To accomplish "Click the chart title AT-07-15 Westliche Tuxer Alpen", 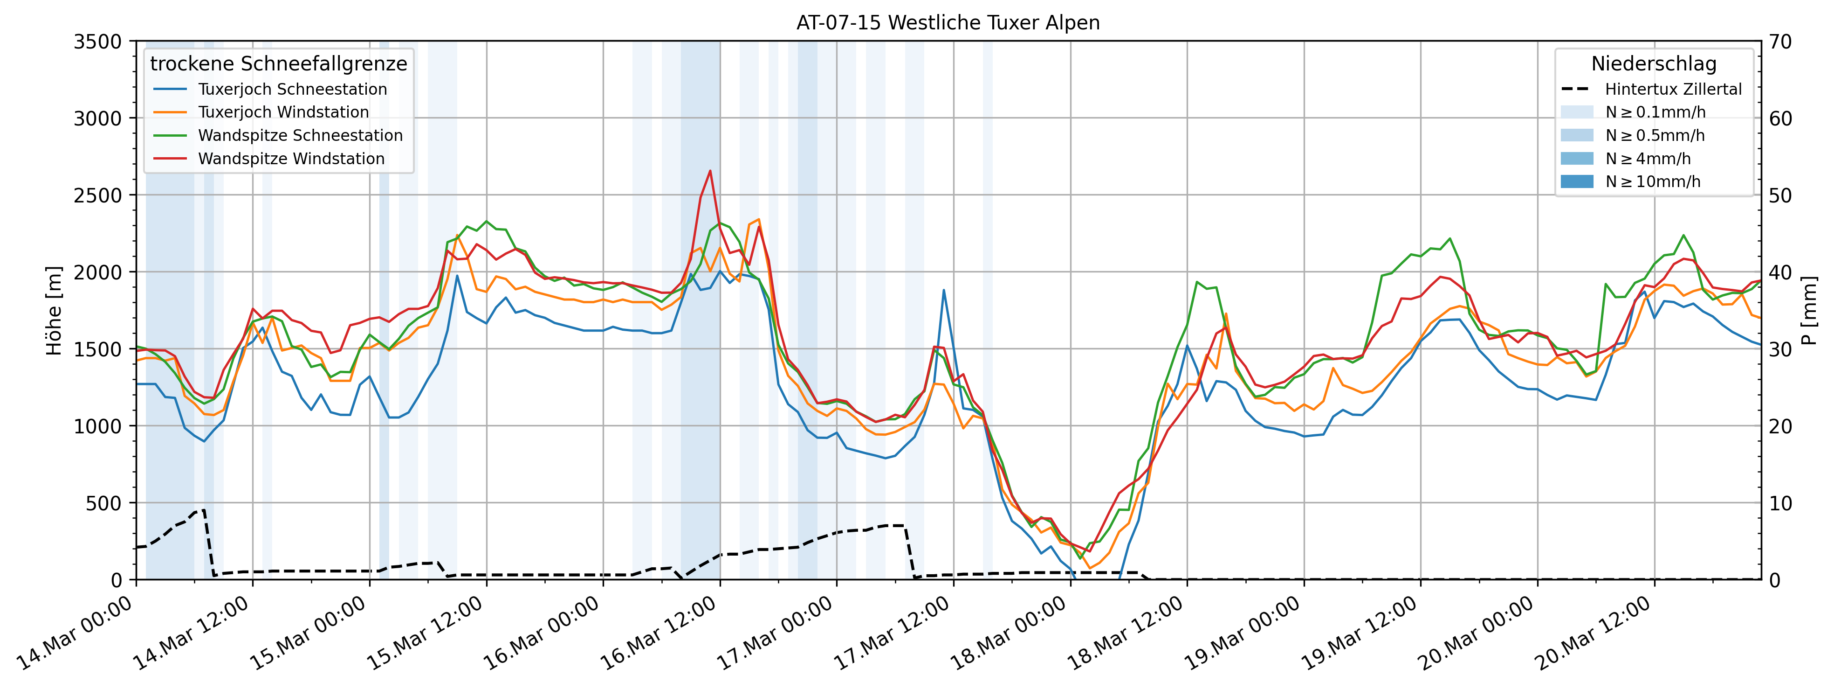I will (x=948, y=23).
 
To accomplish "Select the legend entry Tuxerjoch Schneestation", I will (x=292, y=89).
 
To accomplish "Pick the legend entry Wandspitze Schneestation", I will (x=300, y=135).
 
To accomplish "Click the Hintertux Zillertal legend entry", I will (x=1672, y=89).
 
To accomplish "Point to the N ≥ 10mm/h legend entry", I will (x=1652, y=181).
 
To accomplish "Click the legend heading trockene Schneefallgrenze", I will (x=278, y=64).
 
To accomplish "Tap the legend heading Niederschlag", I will (x=1653, y=64).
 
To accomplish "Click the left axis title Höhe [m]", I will (x=54, y=311).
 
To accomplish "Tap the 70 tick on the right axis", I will (x=1780, y=42).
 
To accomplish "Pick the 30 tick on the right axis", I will (x=1780, y=349).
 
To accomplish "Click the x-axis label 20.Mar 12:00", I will (x=1592, y=634).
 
